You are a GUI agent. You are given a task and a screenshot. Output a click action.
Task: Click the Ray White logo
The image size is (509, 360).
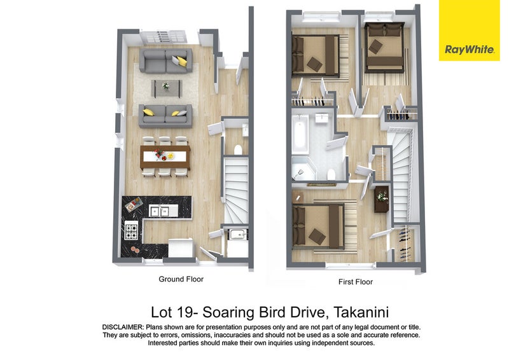click(x=469, y=31)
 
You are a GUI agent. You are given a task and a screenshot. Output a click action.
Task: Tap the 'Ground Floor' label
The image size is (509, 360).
click(x=181, y=279)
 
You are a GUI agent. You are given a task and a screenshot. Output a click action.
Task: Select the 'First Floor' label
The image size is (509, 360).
click(x=356, y=282)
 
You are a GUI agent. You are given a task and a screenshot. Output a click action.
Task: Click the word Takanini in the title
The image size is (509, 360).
click(x=361, y=312)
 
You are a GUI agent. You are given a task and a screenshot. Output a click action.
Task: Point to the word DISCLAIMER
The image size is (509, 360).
click(x=123, y=327)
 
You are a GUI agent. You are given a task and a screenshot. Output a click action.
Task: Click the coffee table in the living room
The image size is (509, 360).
click(x=166, y=88)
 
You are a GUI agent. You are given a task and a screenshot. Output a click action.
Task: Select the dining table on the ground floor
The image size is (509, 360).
click(x=165, y=157)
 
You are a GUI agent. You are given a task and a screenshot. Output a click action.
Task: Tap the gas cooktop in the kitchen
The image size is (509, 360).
click(x=132, y=230)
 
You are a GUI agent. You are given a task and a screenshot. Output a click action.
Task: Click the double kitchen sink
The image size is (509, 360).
click(x=158, y=211)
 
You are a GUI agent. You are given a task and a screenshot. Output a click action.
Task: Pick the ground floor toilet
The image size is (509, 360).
click(x=238, y=150)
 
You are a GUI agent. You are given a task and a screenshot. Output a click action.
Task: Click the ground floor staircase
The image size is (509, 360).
click(x=236, y=190)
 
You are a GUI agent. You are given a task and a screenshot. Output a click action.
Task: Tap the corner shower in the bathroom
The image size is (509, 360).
click(x=303, y=169)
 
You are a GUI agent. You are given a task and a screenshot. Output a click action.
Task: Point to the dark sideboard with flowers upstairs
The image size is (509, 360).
click(x=381, y=199)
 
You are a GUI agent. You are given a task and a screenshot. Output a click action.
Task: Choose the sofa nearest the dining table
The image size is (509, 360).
click(x=165, y=116)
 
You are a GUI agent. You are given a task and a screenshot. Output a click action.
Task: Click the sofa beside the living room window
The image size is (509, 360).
click(x=165, y=60)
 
